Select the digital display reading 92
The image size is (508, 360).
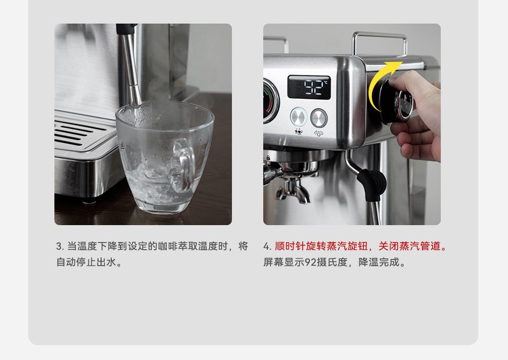309,87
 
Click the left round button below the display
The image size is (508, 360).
299,117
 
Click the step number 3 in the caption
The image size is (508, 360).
59,247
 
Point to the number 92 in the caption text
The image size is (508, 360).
310,263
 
